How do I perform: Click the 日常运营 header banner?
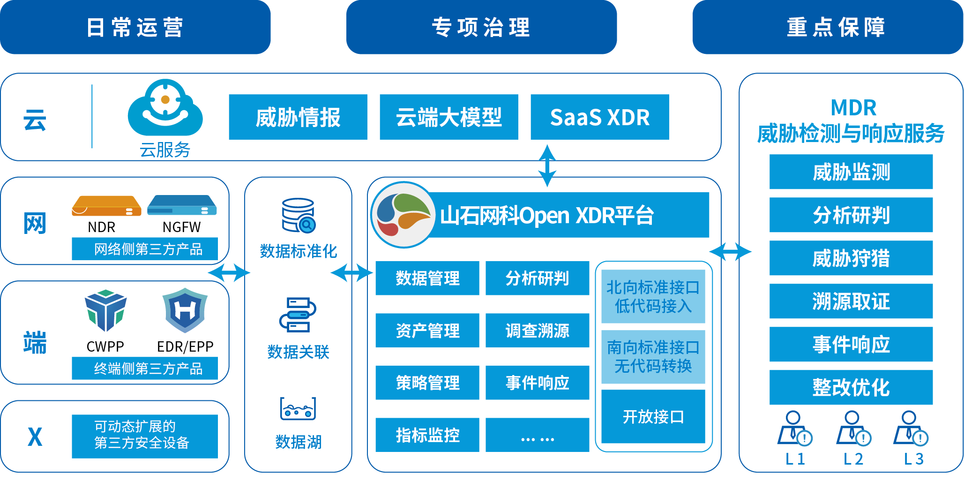click(x=135, y=27)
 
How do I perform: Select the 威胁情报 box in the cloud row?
click(x=298, y=117)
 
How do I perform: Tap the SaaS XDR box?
click(x=599, y=117)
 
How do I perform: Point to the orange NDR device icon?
click(x=106, y=206)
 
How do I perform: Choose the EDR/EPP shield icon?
click(x=185, y=310)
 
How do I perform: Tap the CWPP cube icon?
click(x=106, y=310)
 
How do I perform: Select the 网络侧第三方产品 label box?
click(x=144, y=249)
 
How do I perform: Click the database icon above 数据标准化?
click(x=299, y=216)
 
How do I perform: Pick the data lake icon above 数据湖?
click(x=298, y=408)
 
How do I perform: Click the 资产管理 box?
click(x=427, y=331)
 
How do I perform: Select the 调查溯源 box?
click(x=537, y=331)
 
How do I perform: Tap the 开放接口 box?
click(x=653, y=416)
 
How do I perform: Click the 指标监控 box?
click(x=427, y=435)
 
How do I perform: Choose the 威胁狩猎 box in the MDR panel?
click(x=851, y=258)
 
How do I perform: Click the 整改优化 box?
click(x=851, y=388)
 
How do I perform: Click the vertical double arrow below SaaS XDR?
click(x=547, y=165)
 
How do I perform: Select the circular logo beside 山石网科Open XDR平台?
click(x=404, y=215)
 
